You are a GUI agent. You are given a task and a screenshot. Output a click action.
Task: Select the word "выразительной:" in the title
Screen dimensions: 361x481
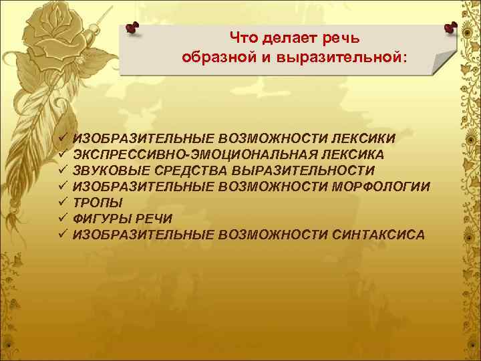coord(350,57)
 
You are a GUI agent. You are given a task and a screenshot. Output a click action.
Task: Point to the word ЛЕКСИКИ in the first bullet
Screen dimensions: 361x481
coord(365,138)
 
